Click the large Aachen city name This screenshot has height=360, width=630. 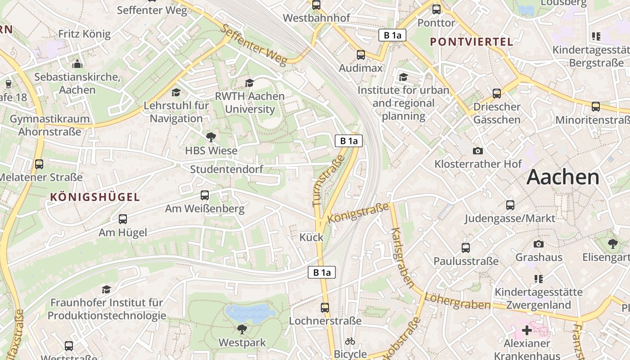[563, 177]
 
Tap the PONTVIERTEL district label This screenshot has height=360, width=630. [471, 42]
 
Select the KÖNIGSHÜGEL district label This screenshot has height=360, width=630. [95, 197]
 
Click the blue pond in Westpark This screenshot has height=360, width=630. [250, 311]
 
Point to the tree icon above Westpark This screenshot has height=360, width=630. [242, 329]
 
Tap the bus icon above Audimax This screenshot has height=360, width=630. [361, 55]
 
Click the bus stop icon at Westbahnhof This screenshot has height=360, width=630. [316, 5]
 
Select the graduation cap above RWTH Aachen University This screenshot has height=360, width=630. [249, 83]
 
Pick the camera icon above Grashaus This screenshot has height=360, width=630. [538, 244]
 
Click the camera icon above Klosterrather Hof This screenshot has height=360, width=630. [478, 151]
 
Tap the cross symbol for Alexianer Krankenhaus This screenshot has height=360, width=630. [526, 330]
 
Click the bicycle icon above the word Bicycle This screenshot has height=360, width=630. [350, 341]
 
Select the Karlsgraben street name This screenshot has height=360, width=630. [402, 257]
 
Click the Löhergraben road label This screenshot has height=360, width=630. [457, 302]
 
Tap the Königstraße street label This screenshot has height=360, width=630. [358, 212]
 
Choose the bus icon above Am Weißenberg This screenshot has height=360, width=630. [205, 195]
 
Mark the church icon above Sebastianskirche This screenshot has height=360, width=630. [77, 63]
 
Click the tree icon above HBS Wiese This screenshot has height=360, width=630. [211, 137]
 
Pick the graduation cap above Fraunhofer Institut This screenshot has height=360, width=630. [106, 289]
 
